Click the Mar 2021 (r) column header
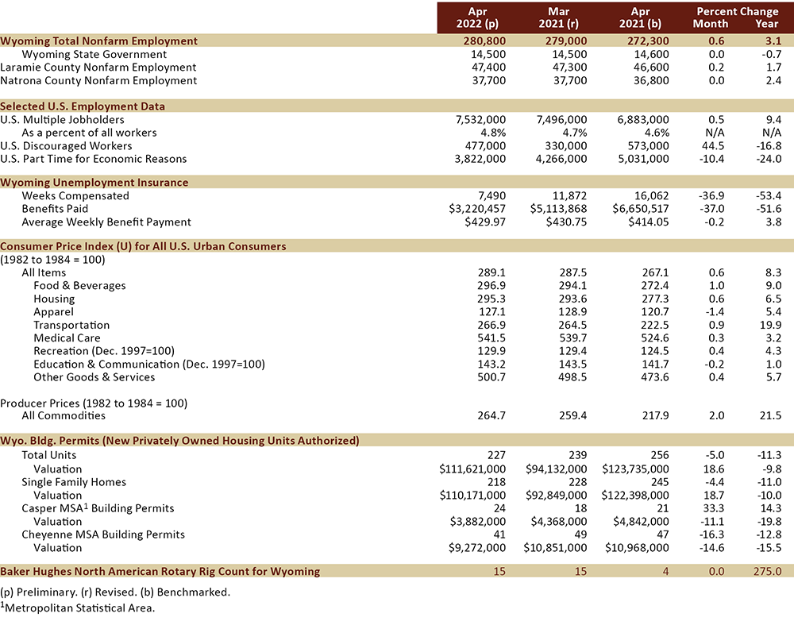tap(558, 17)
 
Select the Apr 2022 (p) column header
tap(477, 17)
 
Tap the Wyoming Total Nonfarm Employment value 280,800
tap(484, 41)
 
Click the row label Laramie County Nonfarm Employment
tap(98, 68)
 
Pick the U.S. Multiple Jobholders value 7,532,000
tap(480, 120)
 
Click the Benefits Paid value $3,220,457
tap(477, 209)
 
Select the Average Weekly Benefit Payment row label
tap(106, 222)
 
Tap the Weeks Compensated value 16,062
tap(651, 195)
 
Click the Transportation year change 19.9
tap(771, 325)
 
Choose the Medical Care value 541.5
tap(491, 338)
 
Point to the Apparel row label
tap(54, 312)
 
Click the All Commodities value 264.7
tap(491, 415)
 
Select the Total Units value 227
tap(496, 455)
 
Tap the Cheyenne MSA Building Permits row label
tap(103, 534)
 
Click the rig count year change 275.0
tap(767, 571)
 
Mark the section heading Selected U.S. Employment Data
tap(83, 106)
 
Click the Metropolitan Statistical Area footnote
tap(78, 608)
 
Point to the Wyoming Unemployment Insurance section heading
tap(94, 183)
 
